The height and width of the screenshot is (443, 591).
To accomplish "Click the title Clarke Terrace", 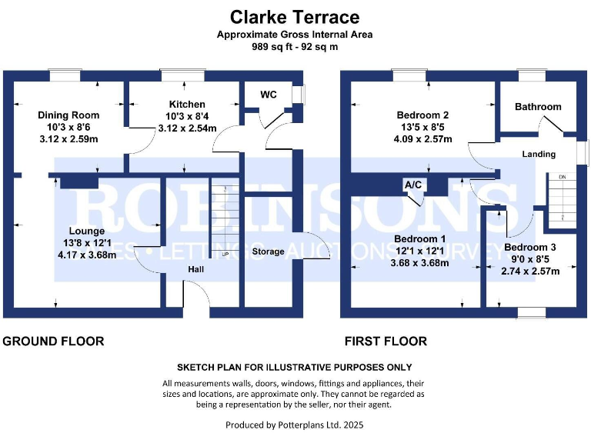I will tap(295, 17).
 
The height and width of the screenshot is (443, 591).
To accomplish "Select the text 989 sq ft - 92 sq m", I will tap(295, 47).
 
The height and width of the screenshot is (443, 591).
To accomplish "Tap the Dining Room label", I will tap(68, 115).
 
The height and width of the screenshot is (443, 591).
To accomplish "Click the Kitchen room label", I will tap(187, 105).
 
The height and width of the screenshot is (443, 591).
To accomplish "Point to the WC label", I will tap(269, 95).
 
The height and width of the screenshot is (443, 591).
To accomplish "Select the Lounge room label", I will tap(86, 231).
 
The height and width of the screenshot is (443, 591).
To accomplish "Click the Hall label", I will tap(196, 269).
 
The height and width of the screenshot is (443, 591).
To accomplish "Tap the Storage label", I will tap(268, 251).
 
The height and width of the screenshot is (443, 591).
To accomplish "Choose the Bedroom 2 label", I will tap(422, 115).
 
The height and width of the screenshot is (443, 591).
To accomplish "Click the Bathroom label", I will tap(538, 107).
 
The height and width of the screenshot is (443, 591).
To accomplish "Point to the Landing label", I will tap(539, 155).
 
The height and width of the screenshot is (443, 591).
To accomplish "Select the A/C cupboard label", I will tap(412, 185).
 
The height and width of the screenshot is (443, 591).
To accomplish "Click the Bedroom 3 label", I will tap(529, 248).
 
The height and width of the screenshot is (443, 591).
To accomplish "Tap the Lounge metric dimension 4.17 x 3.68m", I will tap(86, 255).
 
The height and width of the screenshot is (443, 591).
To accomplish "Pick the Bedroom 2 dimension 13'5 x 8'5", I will tap(422, 128).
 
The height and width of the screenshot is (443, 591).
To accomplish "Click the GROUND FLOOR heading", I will tap(54, 341).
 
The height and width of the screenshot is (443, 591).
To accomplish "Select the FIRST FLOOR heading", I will tap(386, 341).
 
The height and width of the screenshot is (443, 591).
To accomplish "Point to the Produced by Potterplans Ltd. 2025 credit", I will tap(295, 425).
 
